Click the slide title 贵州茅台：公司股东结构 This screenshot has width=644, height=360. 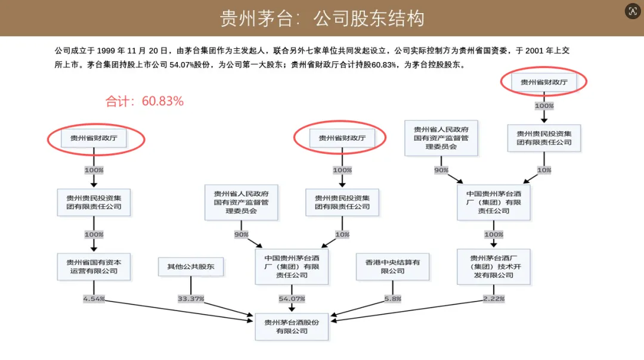click(322, 18)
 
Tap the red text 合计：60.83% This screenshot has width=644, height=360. click(144, 101)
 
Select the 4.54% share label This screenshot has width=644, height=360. click(94, 298)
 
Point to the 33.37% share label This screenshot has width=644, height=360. click(191, 298)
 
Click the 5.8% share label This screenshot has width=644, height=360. click(392, 298)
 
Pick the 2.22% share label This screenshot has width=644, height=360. click(494, 298)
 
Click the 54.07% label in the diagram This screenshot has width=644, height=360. click(292, 298)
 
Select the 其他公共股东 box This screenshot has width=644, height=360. click(191, 266)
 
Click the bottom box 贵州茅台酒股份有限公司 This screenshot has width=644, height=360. click(292, 326)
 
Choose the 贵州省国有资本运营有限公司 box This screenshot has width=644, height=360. click(94, 266)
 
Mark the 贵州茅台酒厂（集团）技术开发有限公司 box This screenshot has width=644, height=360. click(494, 266)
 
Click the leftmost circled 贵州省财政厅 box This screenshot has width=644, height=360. click(94, 138)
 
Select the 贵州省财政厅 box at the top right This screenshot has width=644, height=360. click(544, 82)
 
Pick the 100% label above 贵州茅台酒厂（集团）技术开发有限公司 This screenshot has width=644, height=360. click(494, 234)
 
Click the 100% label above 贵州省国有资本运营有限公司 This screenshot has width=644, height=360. click(94, 234)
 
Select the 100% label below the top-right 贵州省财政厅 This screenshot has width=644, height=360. click(544, 105)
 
